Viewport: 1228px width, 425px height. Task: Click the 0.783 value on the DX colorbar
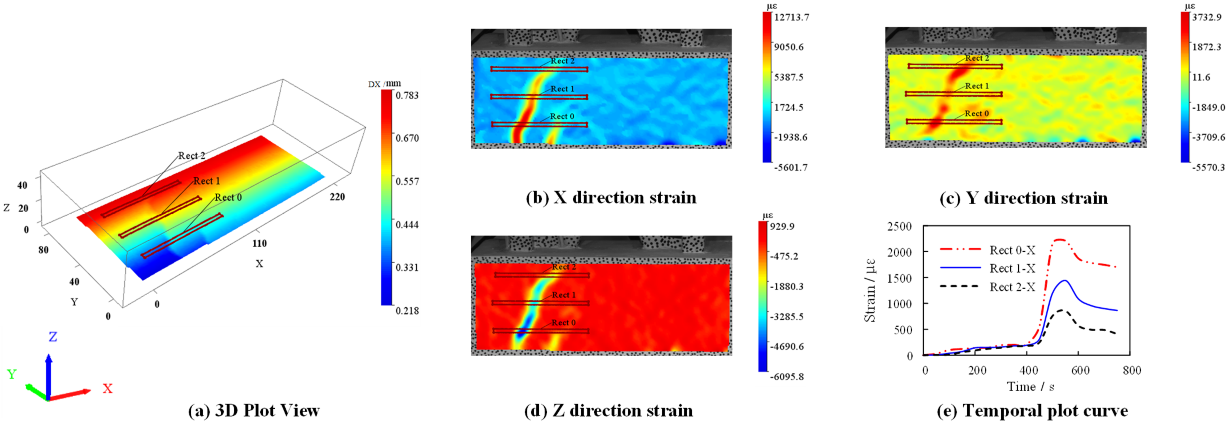pos(407,95)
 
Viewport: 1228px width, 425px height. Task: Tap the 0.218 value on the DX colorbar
pos(407,311)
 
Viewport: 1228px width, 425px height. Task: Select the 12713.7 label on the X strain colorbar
pos(791,17)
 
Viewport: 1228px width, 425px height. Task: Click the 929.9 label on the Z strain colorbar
pos(782,226)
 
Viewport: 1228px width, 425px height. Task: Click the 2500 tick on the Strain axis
pos(899,226)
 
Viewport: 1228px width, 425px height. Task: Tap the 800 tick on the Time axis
pos(1132,371)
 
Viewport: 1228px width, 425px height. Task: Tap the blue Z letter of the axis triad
pos(53,337)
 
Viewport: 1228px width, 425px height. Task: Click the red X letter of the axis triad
pos(108,389)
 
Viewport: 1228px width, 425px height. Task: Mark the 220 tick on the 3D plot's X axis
pos(337,197)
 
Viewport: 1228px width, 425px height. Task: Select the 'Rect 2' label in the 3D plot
pos(192,156)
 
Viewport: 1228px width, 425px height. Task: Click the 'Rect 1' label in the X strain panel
pos(563,89)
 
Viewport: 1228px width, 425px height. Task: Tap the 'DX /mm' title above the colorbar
pos(384,84)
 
